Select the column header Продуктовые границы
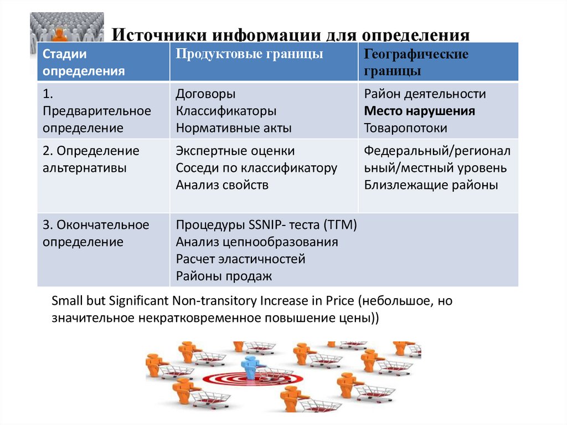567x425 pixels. (250, 54)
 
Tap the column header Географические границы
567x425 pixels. (416, 63)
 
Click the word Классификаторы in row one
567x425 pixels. (226, 111)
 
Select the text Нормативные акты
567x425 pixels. (234, 128)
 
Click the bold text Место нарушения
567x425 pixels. (419, 111)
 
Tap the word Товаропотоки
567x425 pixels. (405, 128)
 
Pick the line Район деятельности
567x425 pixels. (425, 94)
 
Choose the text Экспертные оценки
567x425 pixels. (235, 151)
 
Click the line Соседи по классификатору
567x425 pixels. (256, 168)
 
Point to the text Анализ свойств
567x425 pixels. (222, 185)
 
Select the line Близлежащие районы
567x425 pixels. (431, 185)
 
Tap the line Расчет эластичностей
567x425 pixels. (240, 259)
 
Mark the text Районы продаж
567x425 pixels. (224, 276)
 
